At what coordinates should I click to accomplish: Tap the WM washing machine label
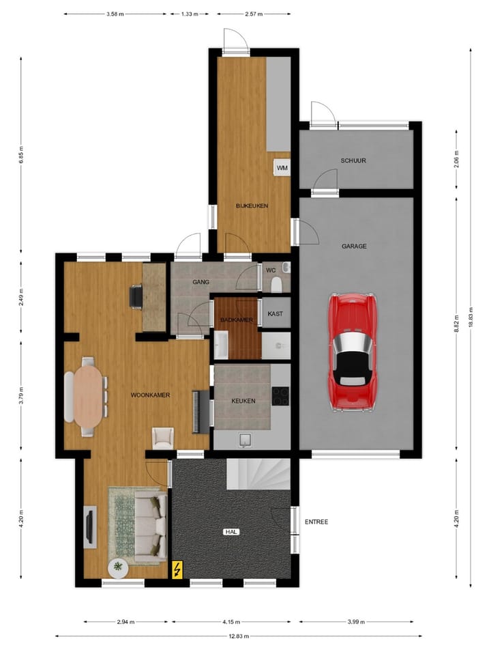point(282,167)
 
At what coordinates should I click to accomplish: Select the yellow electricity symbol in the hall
point(178,569)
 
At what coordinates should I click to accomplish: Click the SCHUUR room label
point(354,161)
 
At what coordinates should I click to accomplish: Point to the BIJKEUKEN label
point(252,206)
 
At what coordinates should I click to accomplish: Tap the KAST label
point(276,313)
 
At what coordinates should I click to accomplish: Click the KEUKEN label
point(243,401)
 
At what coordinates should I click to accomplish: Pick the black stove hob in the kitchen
point(280,396)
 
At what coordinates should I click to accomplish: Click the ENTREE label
point(316,522)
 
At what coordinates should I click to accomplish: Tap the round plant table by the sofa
point(119,566)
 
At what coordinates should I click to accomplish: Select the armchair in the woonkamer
point(163,437)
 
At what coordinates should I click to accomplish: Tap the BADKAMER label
point(237,320)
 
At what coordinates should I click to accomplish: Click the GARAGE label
point(354,246)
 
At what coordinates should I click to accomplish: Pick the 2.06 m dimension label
point(457,162)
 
